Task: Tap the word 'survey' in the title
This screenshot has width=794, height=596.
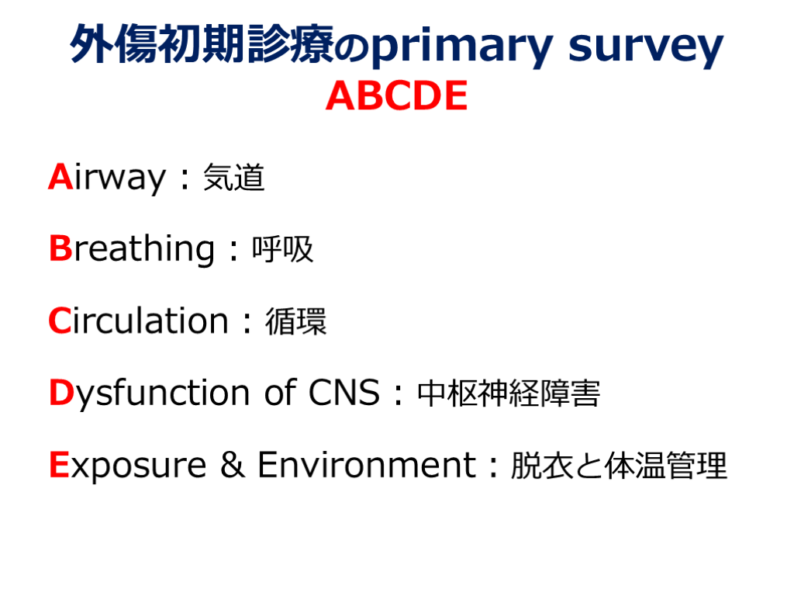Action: point(646,47)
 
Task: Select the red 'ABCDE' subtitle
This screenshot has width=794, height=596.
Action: point(396,95)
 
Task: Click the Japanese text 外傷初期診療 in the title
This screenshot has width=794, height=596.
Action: point(202,44)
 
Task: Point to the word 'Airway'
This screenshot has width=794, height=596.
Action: point(107,178)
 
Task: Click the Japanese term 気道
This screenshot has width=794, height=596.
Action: point(233,178)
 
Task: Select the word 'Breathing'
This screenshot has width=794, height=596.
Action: point(132,248)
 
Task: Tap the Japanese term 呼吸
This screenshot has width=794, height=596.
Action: point(282,249)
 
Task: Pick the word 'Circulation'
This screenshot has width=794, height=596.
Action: point(138,321)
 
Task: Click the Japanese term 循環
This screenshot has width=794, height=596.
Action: point(295,321)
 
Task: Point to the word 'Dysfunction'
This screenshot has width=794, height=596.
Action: point(150,393)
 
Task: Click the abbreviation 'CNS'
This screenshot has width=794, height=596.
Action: point(343,393)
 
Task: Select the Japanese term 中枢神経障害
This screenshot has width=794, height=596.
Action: point(509,393)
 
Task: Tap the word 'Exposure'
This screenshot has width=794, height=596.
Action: point(128,466)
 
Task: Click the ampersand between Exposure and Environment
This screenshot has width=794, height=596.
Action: point(233,465)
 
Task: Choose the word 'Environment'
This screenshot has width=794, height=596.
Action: point(367,465)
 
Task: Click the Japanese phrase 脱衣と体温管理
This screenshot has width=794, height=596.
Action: point(618,466)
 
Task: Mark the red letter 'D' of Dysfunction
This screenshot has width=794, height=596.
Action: point(61,393)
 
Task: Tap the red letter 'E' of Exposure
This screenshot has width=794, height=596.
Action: point(59,465)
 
